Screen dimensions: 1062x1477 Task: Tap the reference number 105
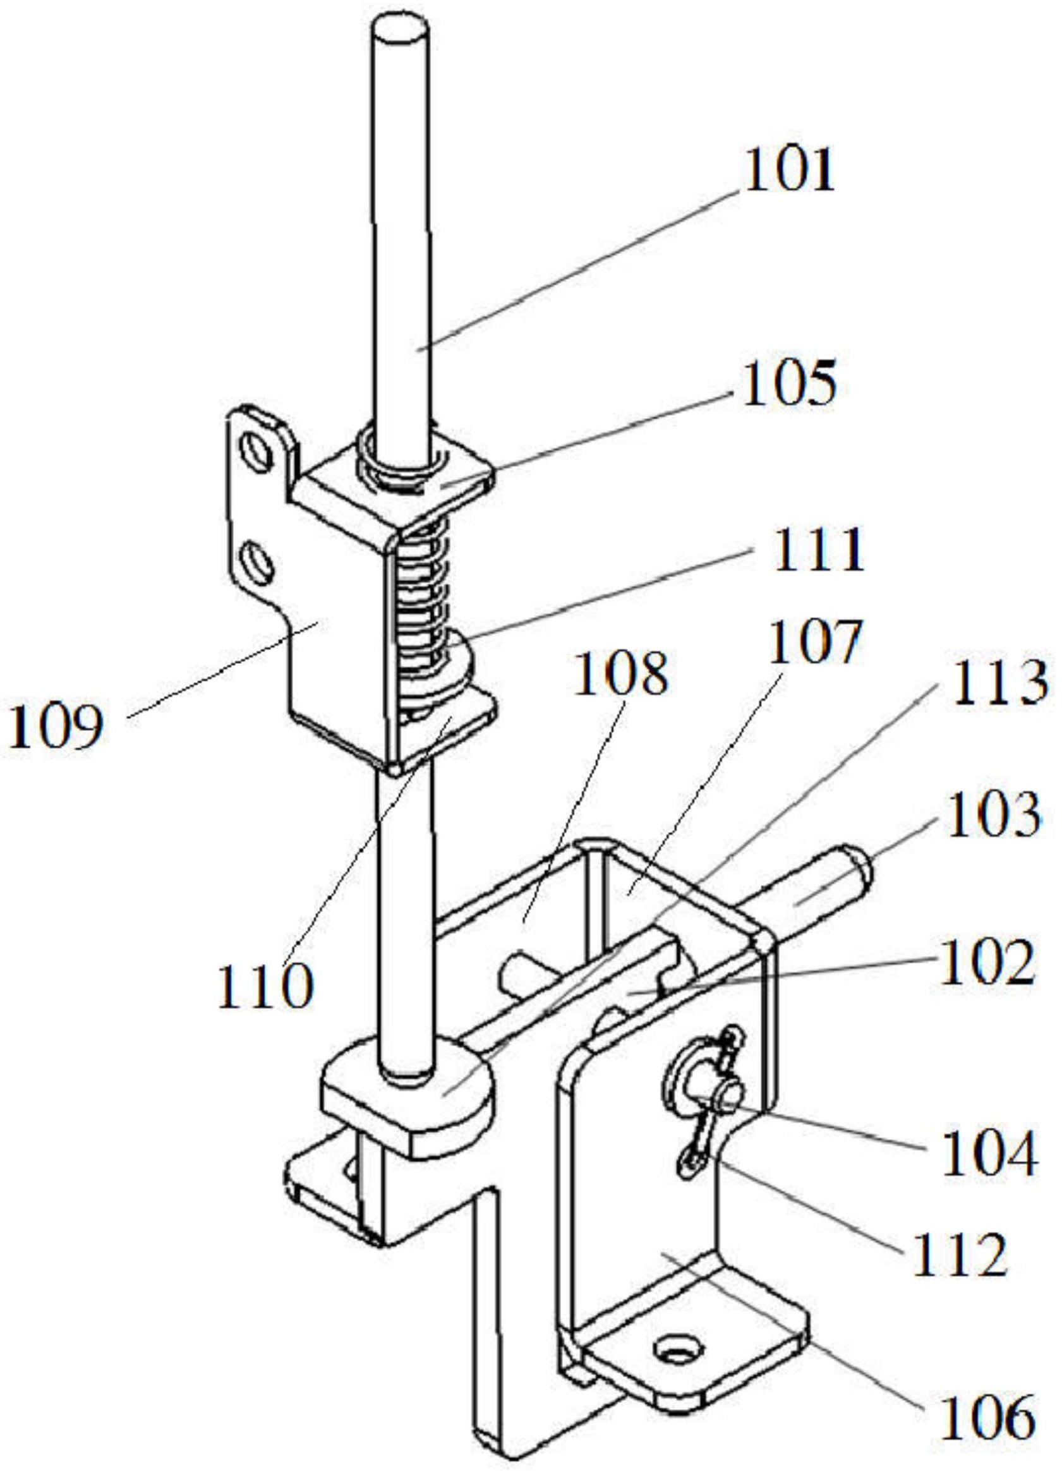tap(788, 386)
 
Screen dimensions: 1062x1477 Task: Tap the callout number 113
tap(999, 684)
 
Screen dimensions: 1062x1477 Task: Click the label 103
tap(993, 814)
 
